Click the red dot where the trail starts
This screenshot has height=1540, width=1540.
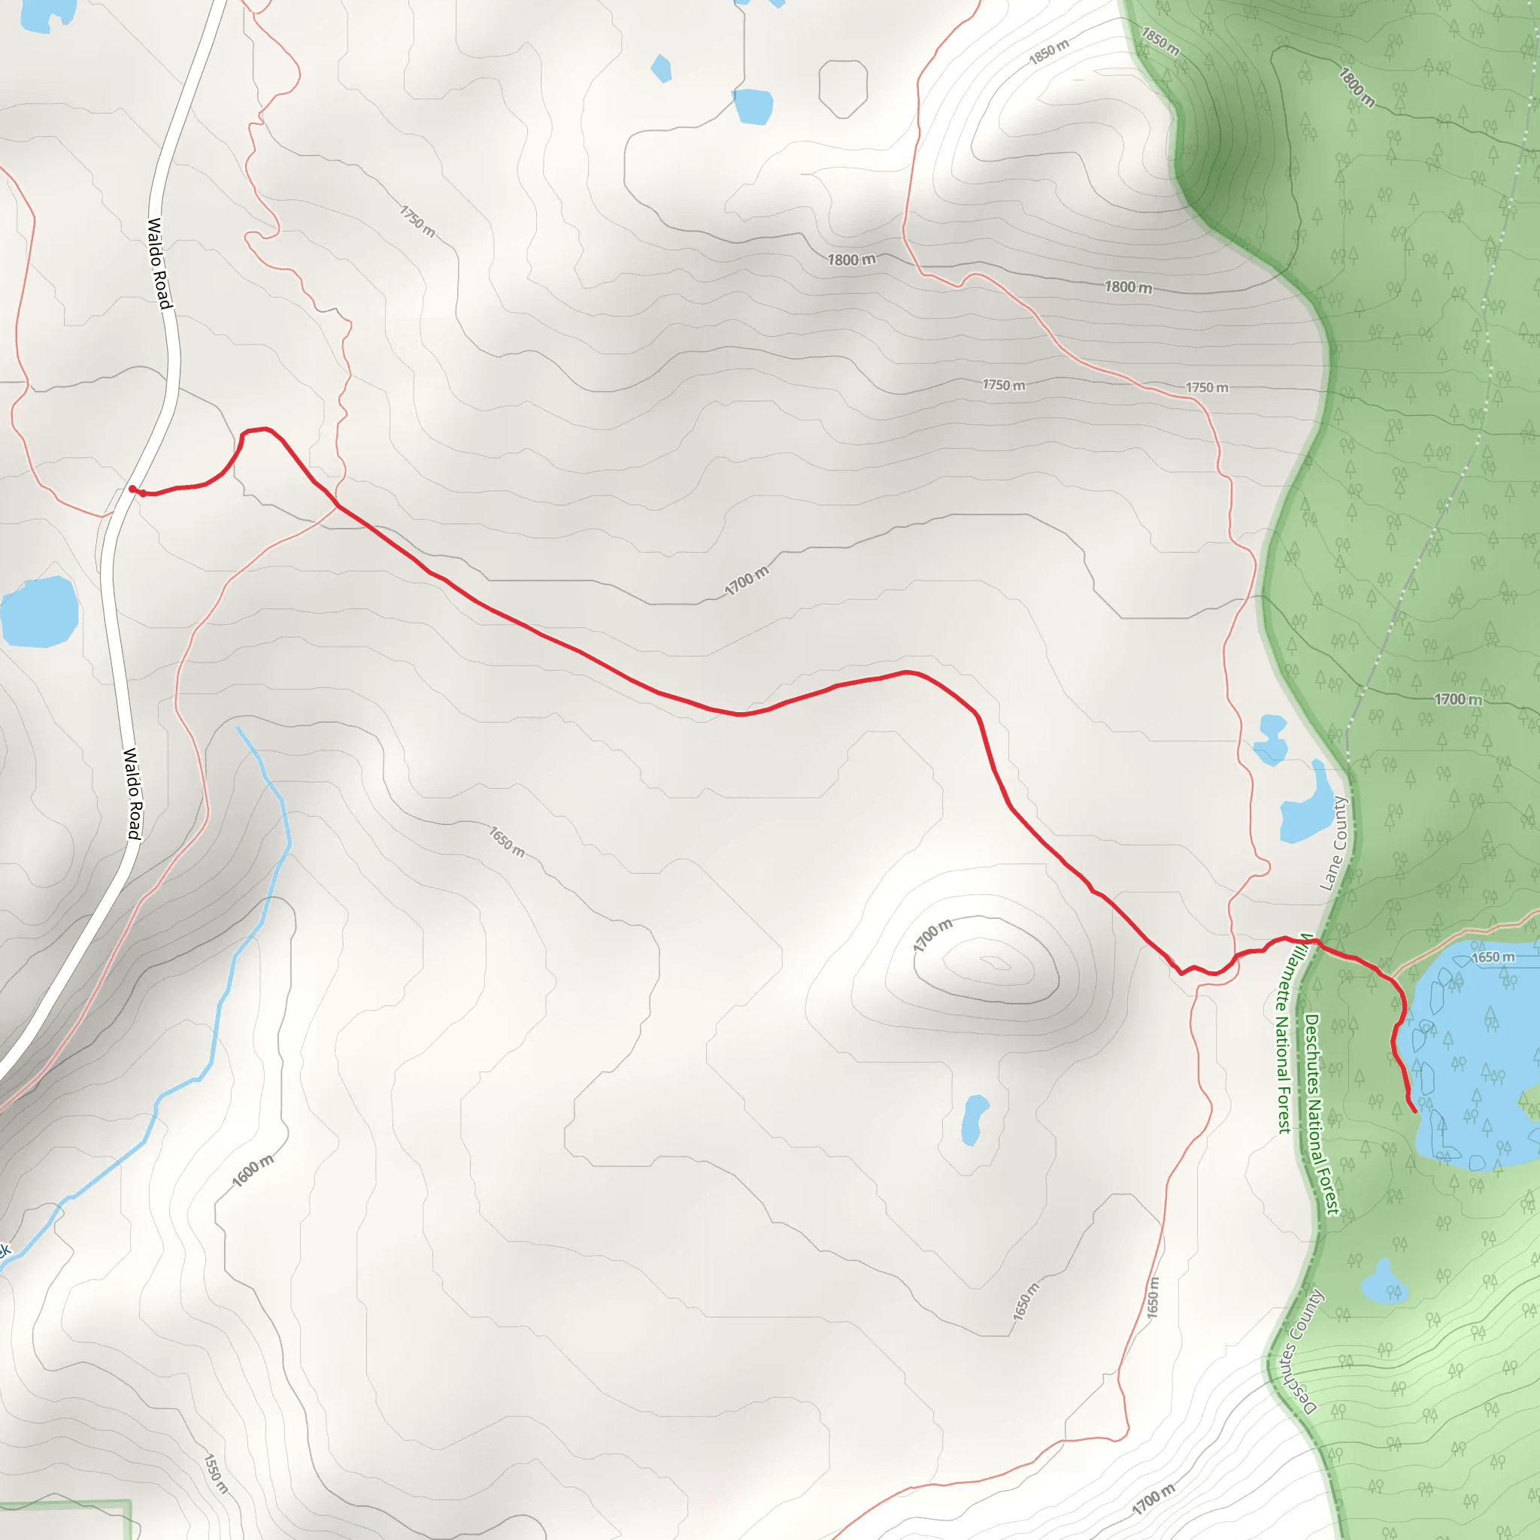(x=132, y=489)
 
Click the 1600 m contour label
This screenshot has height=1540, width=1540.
(x=253, y=1171)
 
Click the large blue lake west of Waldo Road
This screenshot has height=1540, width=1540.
(x=38, y=611)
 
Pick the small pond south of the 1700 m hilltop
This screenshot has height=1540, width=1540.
(x=973, y=1119)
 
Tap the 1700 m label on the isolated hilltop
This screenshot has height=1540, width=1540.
(x=932, y=935)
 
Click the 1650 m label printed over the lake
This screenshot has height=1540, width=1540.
(x=1492, y=957)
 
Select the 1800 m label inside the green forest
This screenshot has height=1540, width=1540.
(x=1356, y=88)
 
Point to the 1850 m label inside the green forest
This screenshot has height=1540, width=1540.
(x=1160, y=41)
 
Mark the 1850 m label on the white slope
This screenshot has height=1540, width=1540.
(x=1048, y=53)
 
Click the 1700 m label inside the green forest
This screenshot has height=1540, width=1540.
(x=1458, y=699)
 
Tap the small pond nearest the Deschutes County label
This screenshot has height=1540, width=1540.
(x=1382, y=1283)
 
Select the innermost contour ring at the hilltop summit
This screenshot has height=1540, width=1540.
(x=994, y=963)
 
